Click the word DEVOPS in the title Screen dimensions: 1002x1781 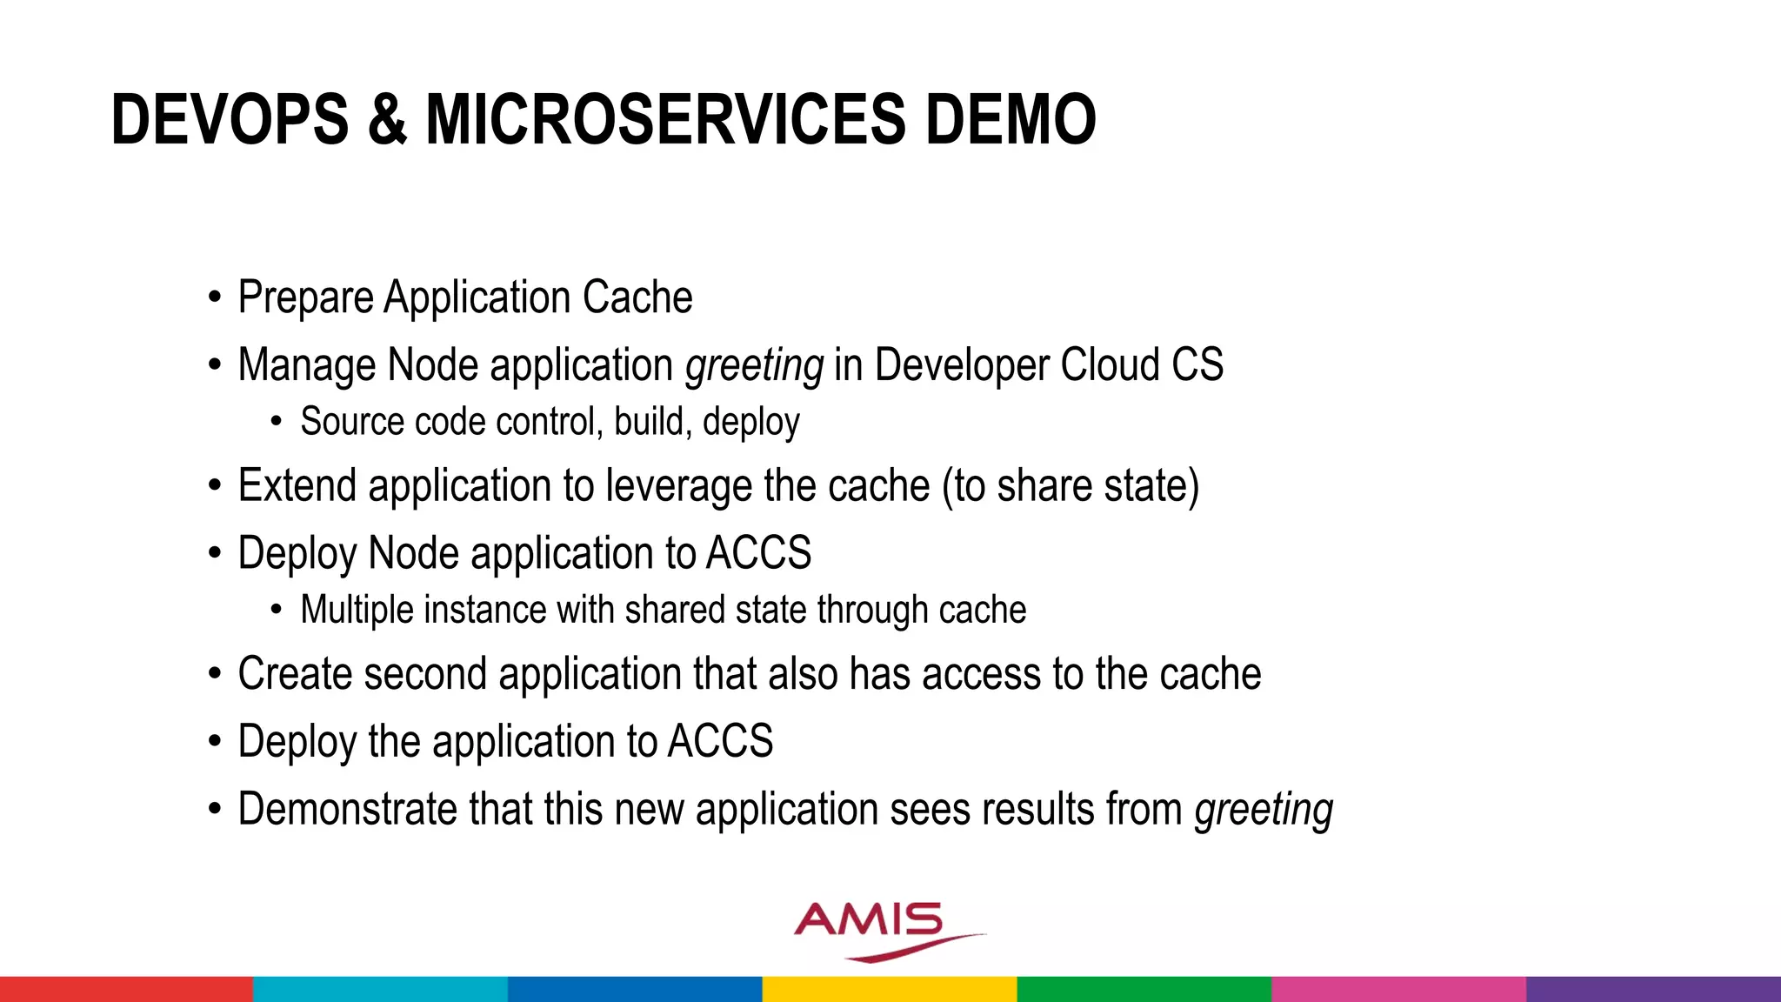[230, 119]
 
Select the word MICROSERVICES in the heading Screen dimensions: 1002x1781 [665, 119]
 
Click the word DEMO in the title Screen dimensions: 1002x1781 [1010, 119]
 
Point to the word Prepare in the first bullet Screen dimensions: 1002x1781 [306, 298]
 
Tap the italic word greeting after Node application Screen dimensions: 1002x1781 [754, 365]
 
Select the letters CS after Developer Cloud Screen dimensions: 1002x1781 [1197, 364]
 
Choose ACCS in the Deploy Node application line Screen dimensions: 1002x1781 [758, 553]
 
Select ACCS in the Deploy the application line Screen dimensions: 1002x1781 [720, 741]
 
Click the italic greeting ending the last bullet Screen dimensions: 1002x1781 [1264, 811]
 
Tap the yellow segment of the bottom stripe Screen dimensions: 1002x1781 [890, 989]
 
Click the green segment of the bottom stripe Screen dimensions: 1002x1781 [1144, 989]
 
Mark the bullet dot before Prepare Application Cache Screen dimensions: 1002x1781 [215, 298]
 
